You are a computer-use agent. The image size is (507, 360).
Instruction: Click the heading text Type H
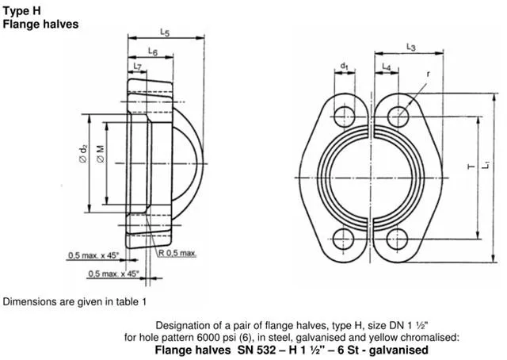click(x=21, y=10)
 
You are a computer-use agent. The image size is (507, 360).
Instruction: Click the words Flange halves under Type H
click(x=40, y=24)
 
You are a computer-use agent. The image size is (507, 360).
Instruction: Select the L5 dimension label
click(x=164, y=33)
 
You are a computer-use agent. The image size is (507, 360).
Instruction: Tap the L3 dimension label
click(x=411, y=48)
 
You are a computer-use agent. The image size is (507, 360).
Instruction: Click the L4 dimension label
click(x=387, y=66)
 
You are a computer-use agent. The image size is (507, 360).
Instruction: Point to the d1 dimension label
click(x=345, y=66)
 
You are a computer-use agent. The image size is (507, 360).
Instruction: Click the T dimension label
click(x=471, y=167)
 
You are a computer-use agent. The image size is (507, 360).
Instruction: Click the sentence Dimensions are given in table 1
click(x=75, y=302)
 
